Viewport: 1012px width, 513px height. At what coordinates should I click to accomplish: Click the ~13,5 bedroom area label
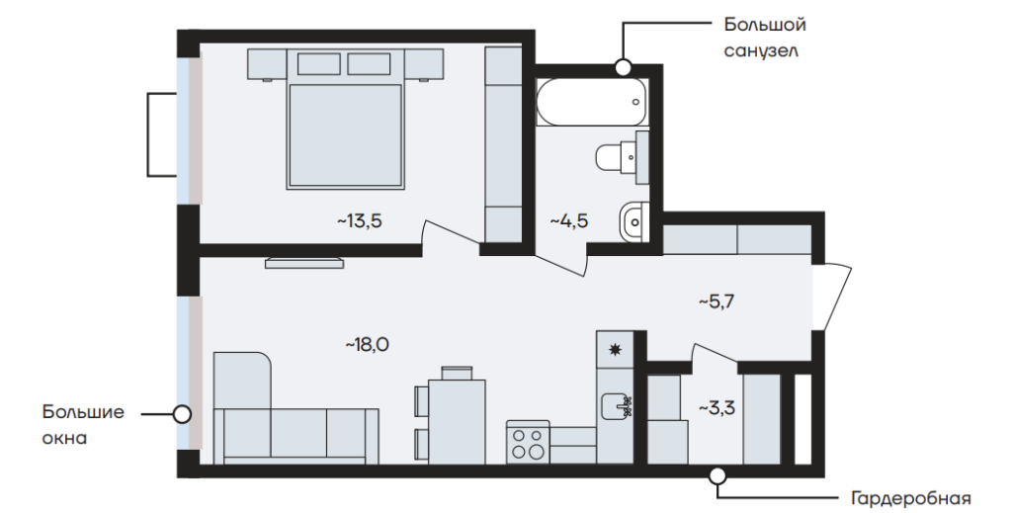point(360,221)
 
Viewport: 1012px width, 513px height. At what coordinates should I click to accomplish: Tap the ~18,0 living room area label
point(368,345)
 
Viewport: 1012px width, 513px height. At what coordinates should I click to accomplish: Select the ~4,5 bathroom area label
point(568,221)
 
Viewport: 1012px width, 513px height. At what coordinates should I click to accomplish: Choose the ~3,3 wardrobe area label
point(717,408)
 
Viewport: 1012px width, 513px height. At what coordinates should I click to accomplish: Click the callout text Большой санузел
point(765,39)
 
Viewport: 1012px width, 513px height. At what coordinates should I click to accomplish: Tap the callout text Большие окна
point(83,425)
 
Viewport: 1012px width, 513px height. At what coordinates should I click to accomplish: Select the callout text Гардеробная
point(911,499)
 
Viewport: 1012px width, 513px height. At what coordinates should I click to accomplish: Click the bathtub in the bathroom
point(591,102)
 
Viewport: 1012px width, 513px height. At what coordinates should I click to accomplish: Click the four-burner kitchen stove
point(528,442)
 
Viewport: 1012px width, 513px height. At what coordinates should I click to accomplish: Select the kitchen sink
point(617,406)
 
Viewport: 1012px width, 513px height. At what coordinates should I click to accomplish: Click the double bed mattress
point(346,136)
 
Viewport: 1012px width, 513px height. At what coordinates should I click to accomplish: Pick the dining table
point(457,422)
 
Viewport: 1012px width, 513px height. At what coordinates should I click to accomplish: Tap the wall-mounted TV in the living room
point(304,262)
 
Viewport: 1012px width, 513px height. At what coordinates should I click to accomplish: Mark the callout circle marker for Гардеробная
point(717,476)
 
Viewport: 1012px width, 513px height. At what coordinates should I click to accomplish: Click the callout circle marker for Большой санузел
point(623,66)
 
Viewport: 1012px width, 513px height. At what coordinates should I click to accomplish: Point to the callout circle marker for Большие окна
point(183,413)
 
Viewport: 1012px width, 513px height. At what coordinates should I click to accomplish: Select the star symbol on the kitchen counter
point(616,350)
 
